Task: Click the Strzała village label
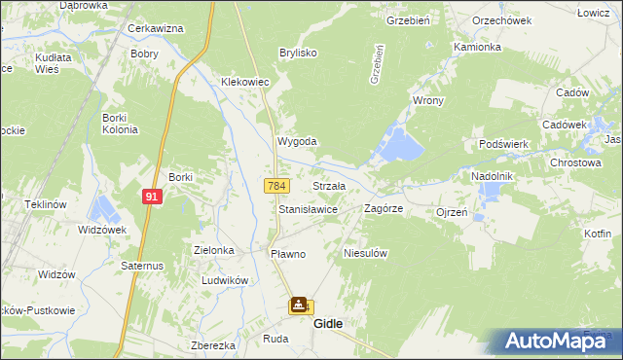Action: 329,185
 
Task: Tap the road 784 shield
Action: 276,185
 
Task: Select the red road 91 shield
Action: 152,196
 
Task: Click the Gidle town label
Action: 328,324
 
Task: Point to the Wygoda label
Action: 298,141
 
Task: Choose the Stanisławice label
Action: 308,209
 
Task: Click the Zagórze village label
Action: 384,208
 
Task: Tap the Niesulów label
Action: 367,253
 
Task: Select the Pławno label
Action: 287,254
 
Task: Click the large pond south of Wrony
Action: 402,146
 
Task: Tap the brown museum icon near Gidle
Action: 297,306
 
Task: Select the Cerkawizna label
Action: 156,28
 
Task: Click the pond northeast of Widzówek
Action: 103,207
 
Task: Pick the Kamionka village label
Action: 477,47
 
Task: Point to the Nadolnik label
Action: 492,175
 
